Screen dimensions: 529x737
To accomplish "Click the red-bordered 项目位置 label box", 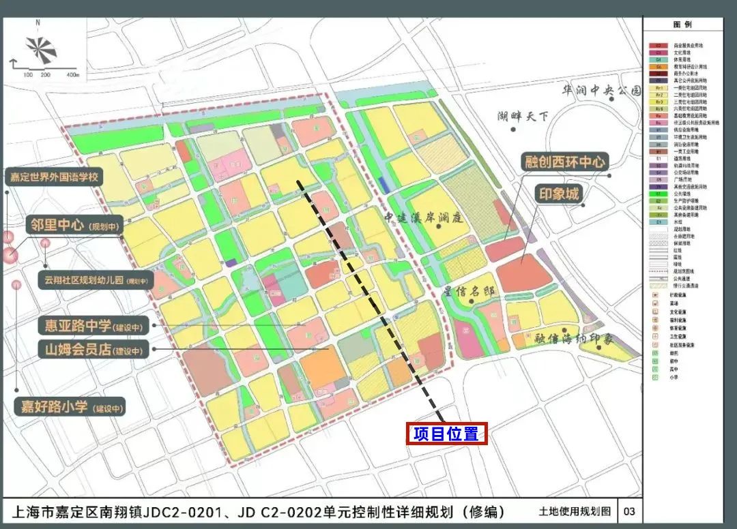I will pos(446,434).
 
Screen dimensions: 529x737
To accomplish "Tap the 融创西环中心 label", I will pos(565,162).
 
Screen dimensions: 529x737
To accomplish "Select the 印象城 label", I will pos(559,194).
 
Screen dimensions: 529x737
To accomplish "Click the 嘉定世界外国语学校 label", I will pos(55,177).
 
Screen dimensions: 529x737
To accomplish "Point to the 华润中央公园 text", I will pos(601,90).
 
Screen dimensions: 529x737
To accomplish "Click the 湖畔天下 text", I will pos(523,116).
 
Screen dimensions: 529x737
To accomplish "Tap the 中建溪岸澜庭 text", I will pos(423,218).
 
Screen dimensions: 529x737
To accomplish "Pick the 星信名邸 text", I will pos(467,292).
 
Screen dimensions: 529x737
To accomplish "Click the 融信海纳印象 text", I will pos(575,338).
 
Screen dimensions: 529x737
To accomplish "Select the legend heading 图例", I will pos(682,25).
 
